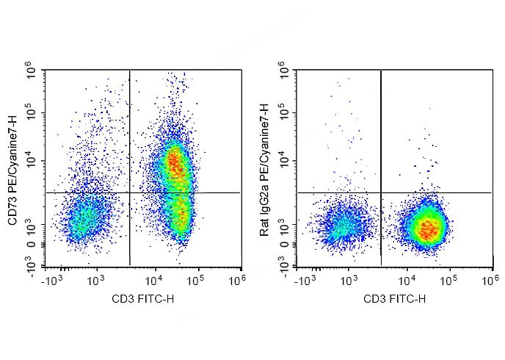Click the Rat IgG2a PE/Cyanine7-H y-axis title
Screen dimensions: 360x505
266,168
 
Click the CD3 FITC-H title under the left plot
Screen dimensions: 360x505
144,298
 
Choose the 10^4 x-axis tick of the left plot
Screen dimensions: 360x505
153,280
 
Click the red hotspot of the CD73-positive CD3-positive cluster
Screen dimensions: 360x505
174,163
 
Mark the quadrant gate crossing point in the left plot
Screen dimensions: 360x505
129,192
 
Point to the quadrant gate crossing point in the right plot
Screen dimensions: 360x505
381,192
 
